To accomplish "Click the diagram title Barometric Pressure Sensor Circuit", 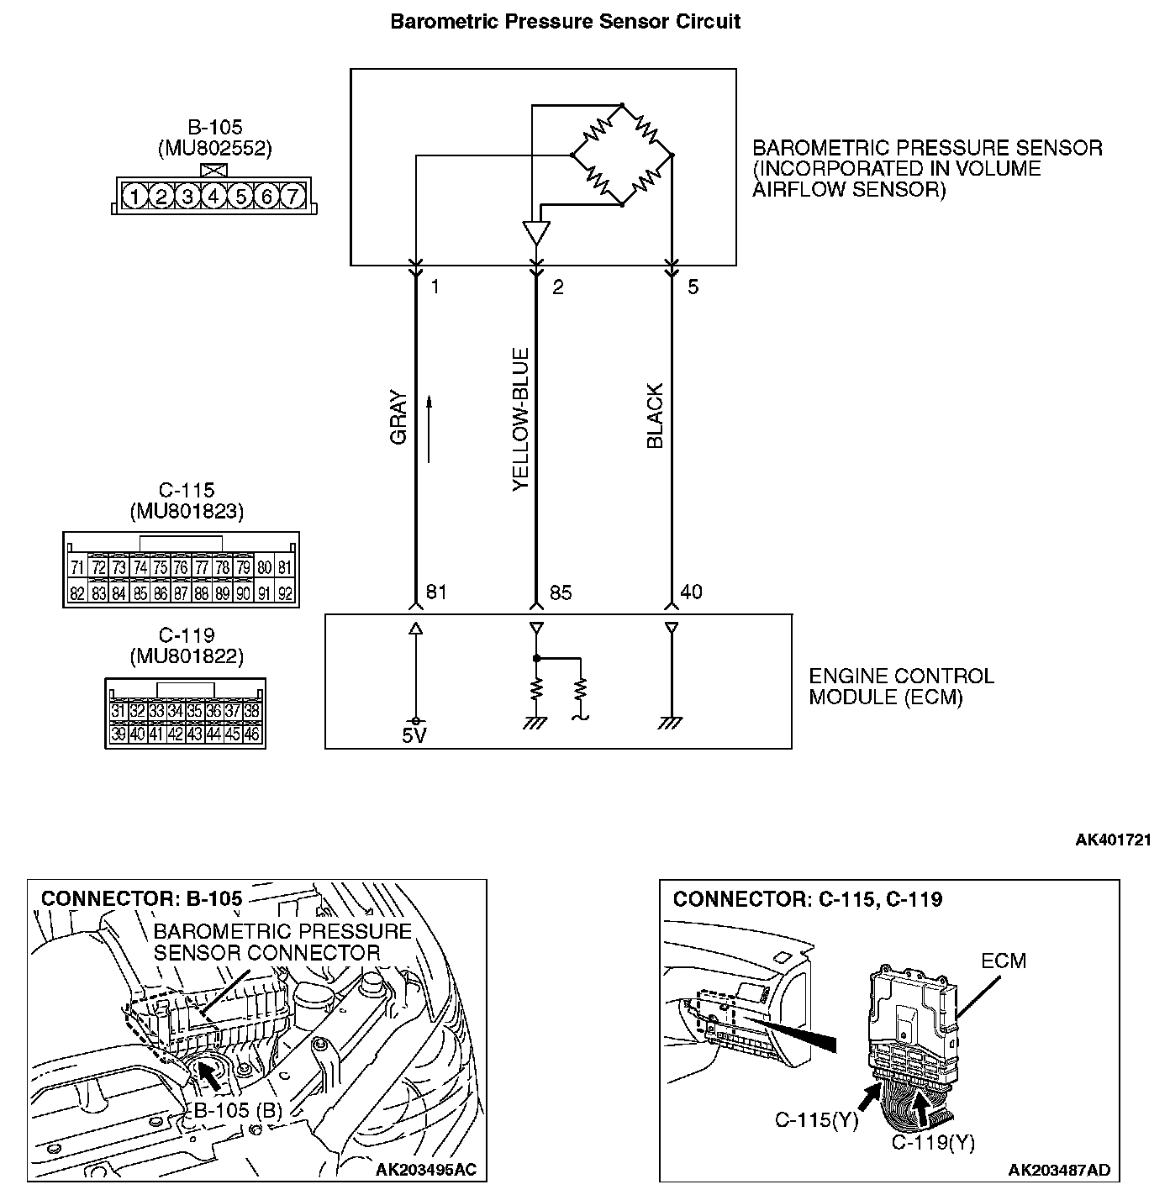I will click(566, 21).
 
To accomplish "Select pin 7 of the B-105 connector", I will click(292, 197).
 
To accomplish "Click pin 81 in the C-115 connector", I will click(286, 568).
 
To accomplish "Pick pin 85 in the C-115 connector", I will click(140, 594).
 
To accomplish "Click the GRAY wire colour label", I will click(398, 418).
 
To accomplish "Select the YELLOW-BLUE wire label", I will click(521, 419).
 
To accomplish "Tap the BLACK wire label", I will click(655, 416).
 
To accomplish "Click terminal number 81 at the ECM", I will click(436, 592).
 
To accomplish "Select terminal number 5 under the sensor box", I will click(693, 287).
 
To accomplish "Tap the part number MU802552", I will click(215, 149).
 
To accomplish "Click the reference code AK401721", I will click(1113, 840).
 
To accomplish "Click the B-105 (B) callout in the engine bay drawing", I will click(237, 1110).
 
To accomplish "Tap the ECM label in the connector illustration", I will click(1003, 961).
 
